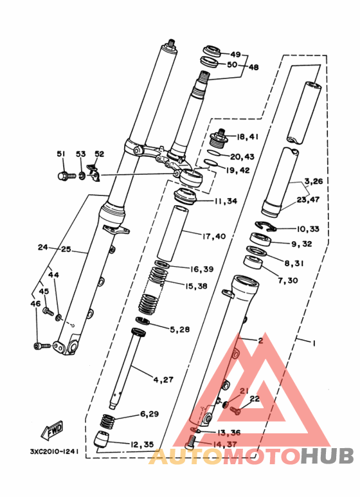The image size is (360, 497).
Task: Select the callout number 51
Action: click(x=61, y=154)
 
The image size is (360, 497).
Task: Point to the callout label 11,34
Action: click(x=226, y=201)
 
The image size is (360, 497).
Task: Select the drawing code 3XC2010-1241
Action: click(x=54, y=451)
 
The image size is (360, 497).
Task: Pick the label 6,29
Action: click(x=148, y=413)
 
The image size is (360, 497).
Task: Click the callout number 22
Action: click(x=255, y=399)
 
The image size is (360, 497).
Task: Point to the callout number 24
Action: click(x=43, y=247)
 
